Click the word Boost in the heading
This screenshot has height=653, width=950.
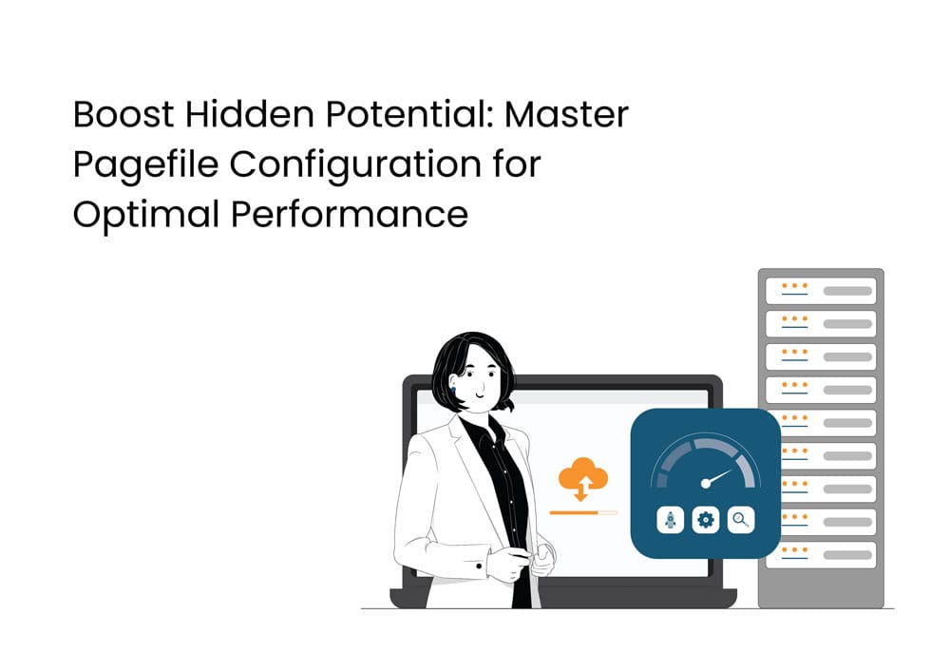pos(123,114)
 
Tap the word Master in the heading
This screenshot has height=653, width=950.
pos(566,114)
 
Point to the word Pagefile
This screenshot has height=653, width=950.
pos(145,165)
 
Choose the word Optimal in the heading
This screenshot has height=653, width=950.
pos(146,215)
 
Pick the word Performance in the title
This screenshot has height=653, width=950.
pos(350,214)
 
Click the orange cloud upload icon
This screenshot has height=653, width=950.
pos(583,478)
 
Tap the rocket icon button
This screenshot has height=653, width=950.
pos(670,520)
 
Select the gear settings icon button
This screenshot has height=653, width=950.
pos(705,520)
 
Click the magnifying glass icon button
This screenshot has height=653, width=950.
pos(740,520)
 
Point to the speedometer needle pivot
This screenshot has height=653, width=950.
pos(705,483)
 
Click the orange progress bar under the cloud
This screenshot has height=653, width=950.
pos(583,513)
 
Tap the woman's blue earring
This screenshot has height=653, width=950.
pos(452,390)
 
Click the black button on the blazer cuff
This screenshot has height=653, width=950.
pos(479,566)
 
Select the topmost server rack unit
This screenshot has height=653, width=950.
pos(821,291)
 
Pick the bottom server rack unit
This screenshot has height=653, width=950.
pos(821,554)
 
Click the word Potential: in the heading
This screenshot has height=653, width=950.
pos(408,114)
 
